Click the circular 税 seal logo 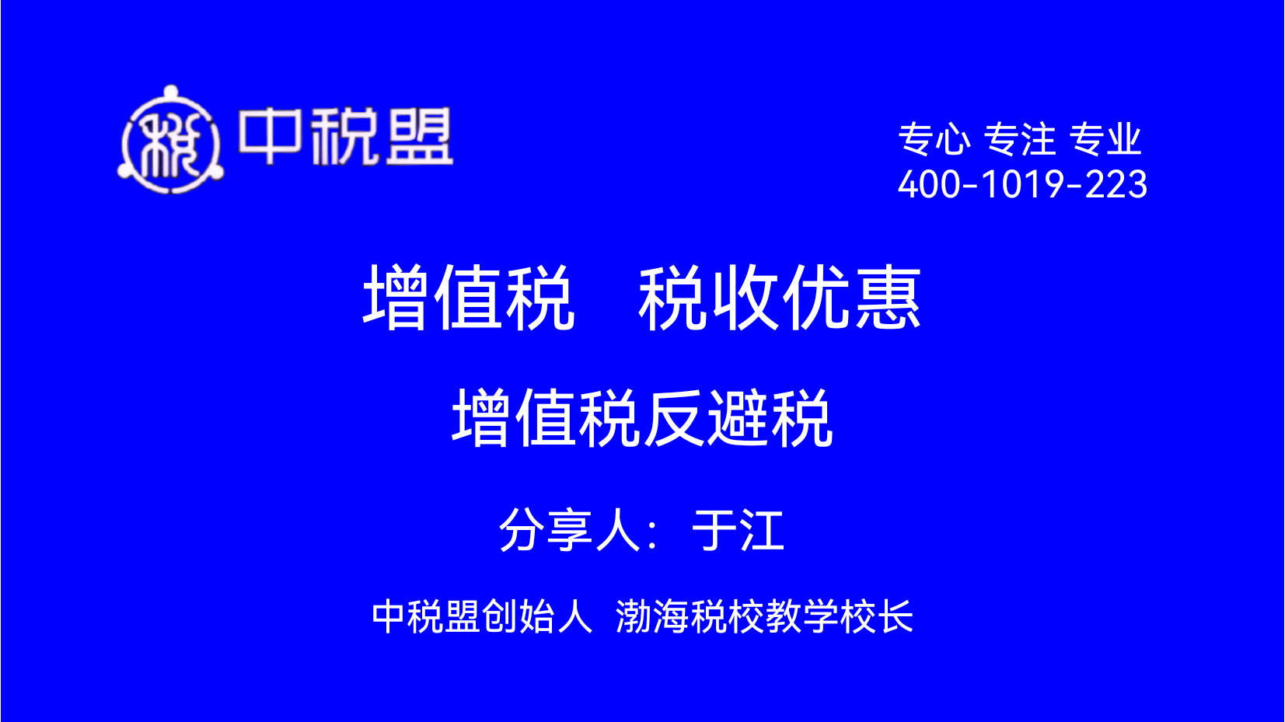click(170, 140)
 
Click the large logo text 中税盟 click(346, 137)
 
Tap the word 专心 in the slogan click(934, 139)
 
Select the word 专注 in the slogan click(1019, 139)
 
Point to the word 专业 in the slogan click(1105, 139)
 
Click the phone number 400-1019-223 click(1022, 185)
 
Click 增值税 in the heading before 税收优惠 click(468, 298)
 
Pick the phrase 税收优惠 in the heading click(780, 298)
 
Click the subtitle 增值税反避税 click(642, 417)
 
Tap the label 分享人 click(570, 531)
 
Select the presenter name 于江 click(738, 531)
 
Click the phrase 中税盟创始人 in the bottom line click(482, 617)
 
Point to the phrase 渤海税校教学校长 click(764, 617)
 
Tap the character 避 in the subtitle click(739, 417)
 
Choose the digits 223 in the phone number click(1116, 185)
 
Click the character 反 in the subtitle click(675, 417)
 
